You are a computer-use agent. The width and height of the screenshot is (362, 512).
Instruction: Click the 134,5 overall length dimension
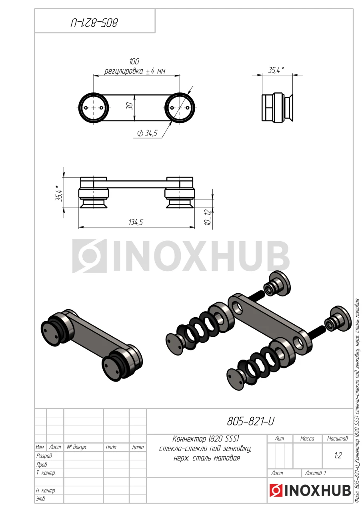(x=136, y=222)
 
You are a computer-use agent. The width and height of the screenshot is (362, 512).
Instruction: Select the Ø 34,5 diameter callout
(x=147, y=133)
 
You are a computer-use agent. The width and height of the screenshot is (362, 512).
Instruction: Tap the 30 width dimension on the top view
(x=130, y=106)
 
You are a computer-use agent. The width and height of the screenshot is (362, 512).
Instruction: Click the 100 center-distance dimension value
(x=134, y=62)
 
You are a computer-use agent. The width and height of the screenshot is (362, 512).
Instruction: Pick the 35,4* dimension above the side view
(x=276, y=70)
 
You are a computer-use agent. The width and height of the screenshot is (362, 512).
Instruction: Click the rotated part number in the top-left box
(x=94, y=23)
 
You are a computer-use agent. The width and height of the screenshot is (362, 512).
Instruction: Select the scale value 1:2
(x=338, y=456)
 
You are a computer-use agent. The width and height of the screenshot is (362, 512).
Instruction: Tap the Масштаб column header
(x=337, y=439)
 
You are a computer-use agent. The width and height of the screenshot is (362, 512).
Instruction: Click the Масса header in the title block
(x=307, y=439)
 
